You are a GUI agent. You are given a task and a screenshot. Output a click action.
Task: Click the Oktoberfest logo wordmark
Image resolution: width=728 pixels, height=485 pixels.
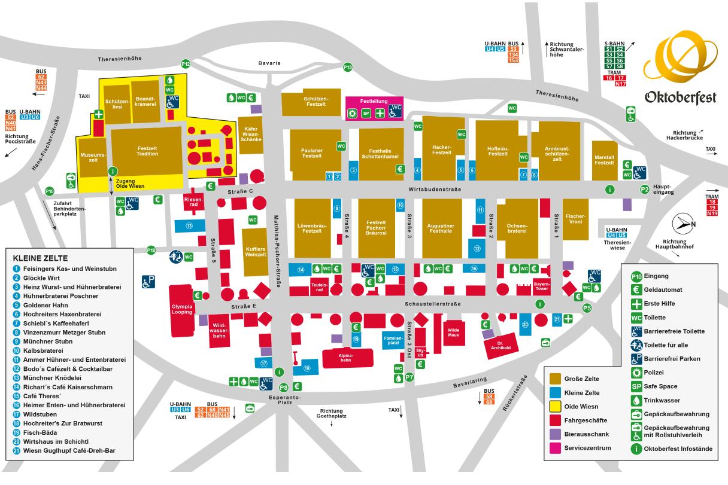[x=680, y=97]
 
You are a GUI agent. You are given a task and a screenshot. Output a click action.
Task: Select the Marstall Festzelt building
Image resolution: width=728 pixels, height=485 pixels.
[x=604, y=160]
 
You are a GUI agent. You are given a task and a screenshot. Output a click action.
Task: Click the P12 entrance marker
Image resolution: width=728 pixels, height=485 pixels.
[x=186, y=64]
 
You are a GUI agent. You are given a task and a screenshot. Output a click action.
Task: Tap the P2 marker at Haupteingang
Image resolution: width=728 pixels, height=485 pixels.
[x=645, y=189]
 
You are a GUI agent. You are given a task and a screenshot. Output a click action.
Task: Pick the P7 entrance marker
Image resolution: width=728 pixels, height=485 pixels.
[x=409, y=377]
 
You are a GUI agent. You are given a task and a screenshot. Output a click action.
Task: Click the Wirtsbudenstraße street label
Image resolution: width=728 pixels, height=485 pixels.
[x=434, y=190]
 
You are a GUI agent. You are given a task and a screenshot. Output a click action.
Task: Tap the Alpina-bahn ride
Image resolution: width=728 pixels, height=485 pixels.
[x=347, y=358]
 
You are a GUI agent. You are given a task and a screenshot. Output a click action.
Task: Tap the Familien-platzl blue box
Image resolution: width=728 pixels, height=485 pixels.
[x=393, y=340]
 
